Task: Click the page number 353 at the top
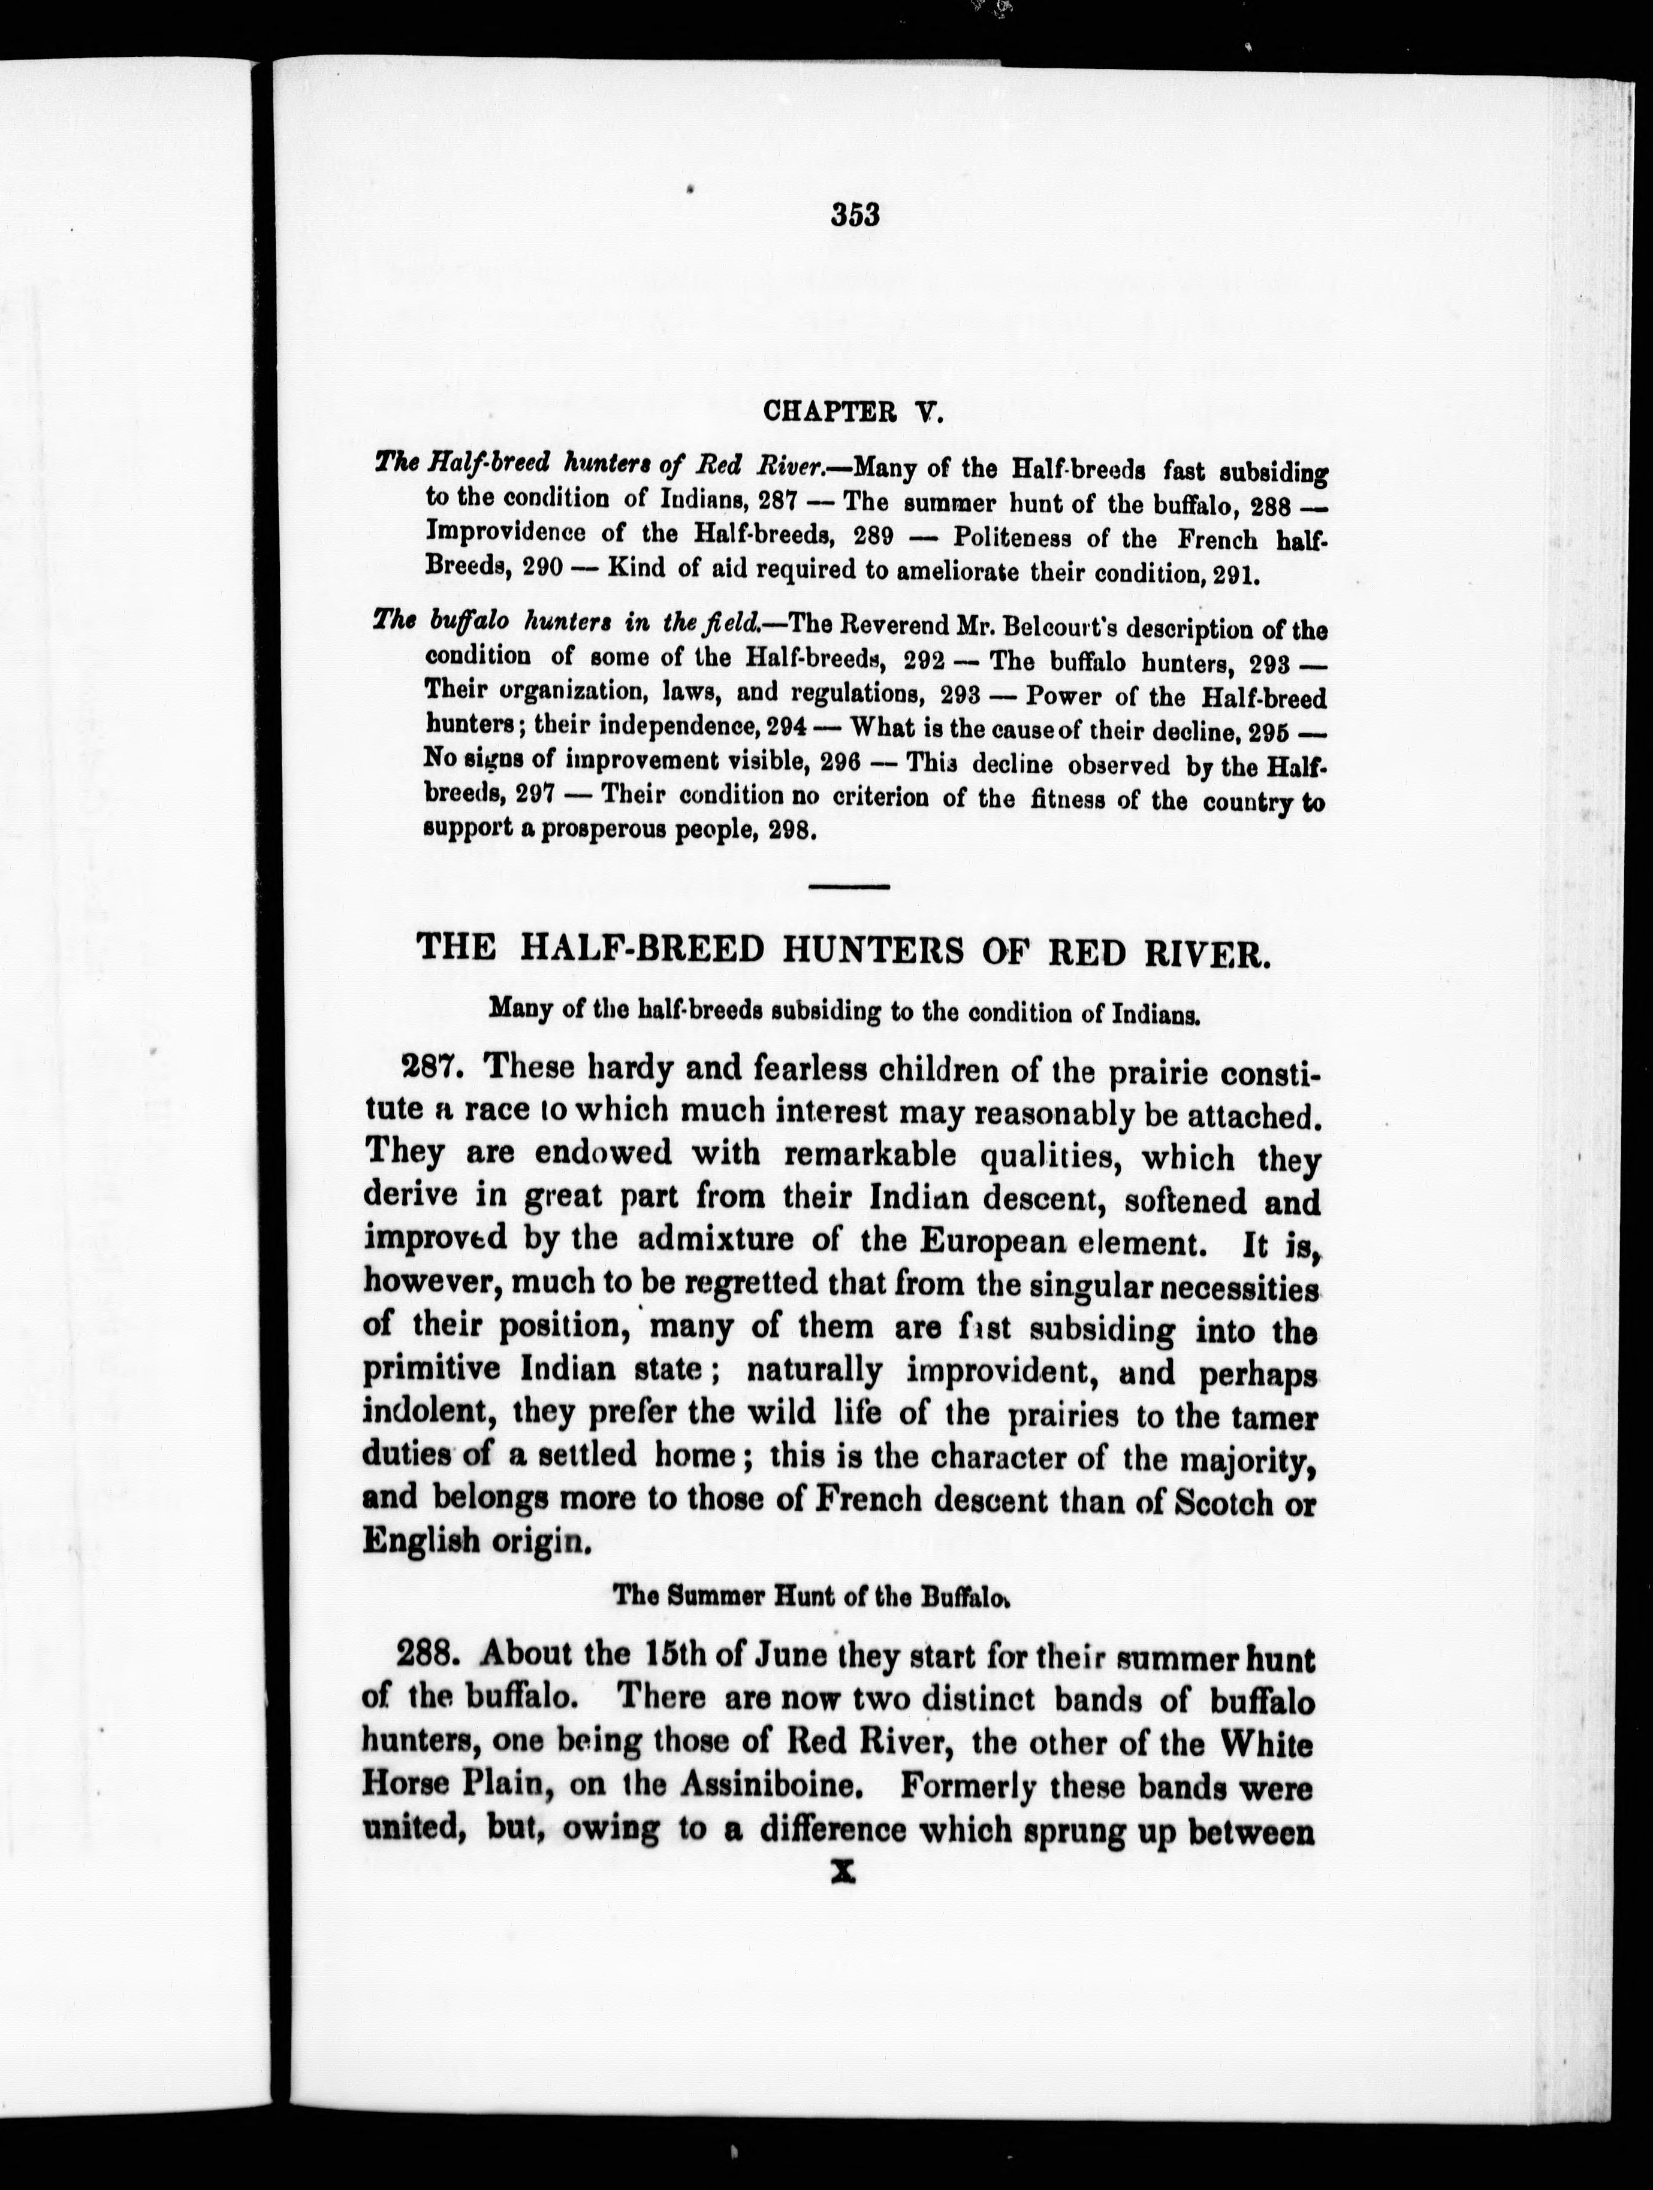856,215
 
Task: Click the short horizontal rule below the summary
849,886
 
